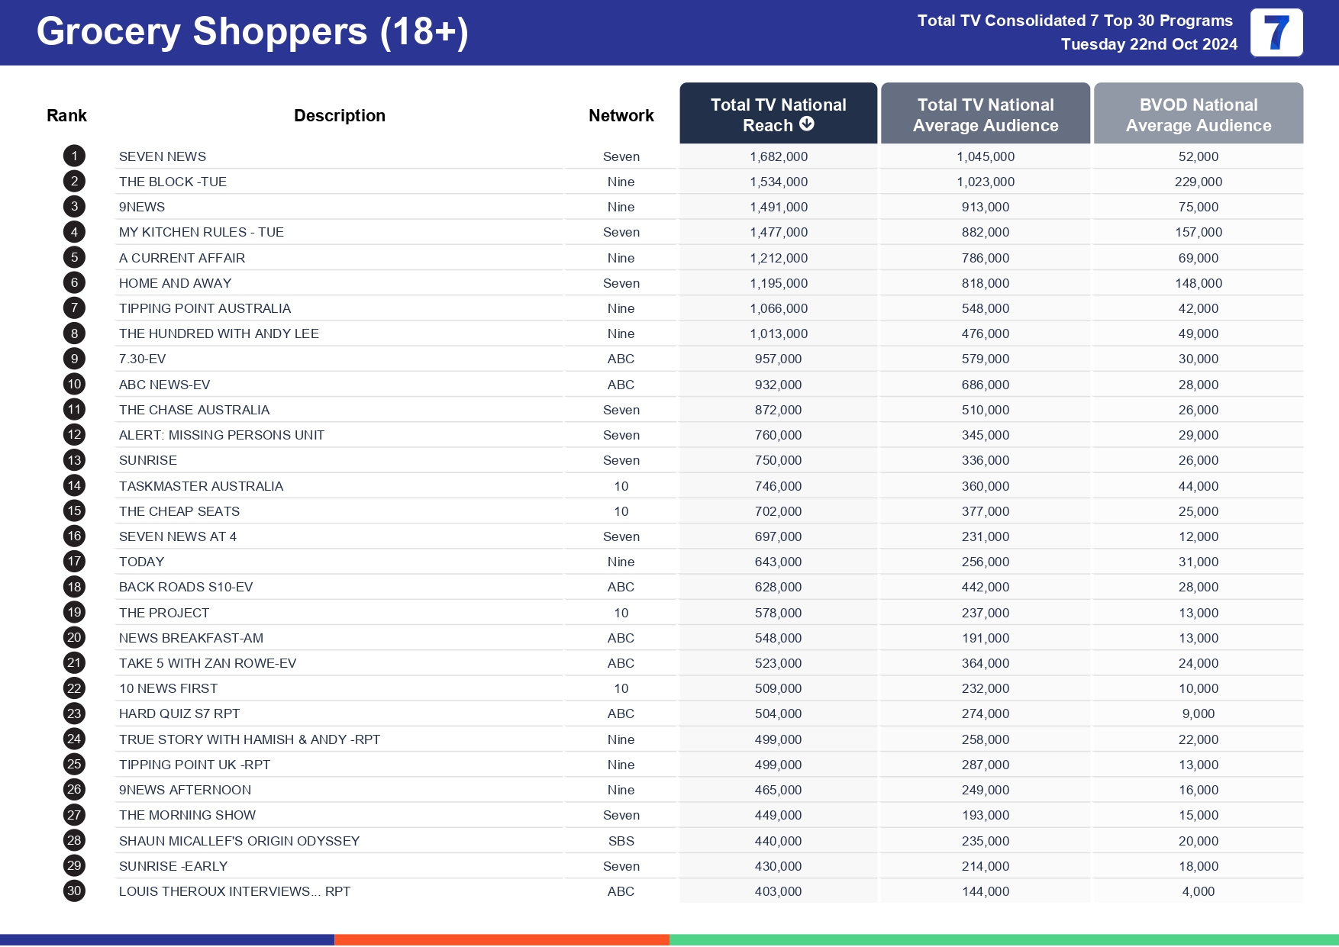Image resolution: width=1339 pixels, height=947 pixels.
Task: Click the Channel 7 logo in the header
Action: [x=1276, y=33]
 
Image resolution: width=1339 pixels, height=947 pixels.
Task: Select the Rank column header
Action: [x=66, y=115]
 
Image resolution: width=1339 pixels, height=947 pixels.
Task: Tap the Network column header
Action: [x=621, y=115]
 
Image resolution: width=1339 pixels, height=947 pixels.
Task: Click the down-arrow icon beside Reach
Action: [x=807, y=124]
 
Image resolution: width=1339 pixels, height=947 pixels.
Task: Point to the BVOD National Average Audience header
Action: [x=1198, y=114]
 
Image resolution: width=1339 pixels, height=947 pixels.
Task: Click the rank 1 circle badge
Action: [x=74, y=156]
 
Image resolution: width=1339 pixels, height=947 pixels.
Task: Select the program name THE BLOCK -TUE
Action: [x=173, y=182]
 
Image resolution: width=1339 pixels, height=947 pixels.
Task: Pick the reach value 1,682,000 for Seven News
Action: [x=778, y=156]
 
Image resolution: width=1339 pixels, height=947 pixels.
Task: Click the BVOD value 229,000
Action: [x=1198, y=182]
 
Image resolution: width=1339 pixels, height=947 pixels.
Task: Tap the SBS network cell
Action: [x=621, y=841]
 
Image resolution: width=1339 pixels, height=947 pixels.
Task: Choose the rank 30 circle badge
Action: [x=74, y=891]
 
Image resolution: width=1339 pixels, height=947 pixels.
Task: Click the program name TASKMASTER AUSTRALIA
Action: [x=201, y=486]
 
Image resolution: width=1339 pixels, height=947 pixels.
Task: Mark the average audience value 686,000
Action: [x=985, y=385]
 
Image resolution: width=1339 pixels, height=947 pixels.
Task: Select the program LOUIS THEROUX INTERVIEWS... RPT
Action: [x=234, y=891]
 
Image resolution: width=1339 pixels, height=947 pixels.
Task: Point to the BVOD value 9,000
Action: [x=1198, y=713]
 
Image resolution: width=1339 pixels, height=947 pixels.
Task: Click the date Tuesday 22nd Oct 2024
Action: [x=1149, y=44]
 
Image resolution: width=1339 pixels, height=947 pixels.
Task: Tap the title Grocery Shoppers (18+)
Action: [x=252, y=32]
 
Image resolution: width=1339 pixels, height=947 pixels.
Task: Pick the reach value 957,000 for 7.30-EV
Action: [x=778, y=359]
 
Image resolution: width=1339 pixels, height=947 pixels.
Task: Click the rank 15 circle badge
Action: [x=74, y=511]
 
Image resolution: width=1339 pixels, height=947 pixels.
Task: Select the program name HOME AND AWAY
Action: [x=175, y=283]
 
